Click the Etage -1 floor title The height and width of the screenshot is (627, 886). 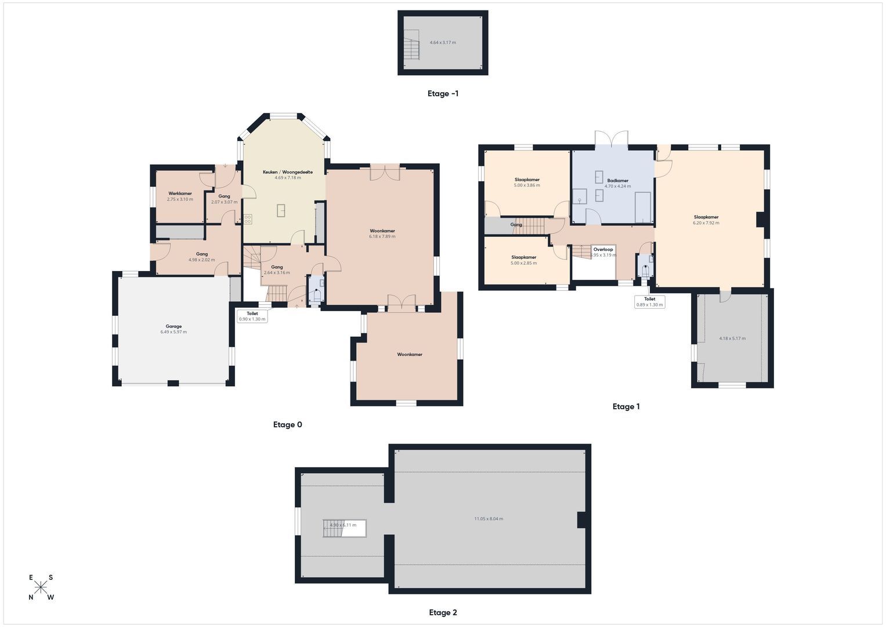[443, 93]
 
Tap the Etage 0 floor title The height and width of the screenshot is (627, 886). [287, 424]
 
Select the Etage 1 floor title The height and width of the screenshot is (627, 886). [625, 406]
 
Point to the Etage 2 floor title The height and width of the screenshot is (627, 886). [443, 612]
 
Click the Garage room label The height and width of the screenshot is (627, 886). [173, 326]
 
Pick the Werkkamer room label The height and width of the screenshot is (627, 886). [180, 193]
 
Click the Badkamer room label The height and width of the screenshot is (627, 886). [617, 181]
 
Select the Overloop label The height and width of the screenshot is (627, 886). [603, 250]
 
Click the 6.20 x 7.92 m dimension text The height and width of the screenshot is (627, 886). [706, 223]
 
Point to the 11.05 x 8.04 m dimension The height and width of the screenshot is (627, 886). [489, 518]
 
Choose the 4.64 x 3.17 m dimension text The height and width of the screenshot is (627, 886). [443, 42]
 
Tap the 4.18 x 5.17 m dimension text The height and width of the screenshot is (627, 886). [732, 338]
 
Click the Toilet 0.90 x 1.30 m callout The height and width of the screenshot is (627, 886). [252, 316]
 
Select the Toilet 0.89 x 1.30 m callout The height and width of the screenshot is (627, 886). [649, 302]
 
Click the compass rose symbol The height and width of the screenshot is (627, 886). [41, 587]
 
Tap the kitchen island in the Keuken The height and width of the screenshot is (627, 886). [281, 210]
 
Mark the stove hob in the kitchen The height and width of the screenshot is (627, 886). [248, 219]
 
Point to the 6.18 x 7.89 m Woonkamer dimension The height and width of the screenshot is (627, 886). [382, 236]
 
